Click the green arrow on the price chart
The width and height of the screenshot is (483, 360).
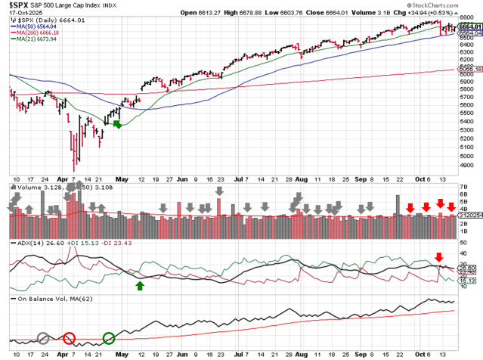click(x=117, y=123)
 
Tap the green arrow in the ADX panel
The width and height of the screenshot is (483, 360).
click(x=140, y=285)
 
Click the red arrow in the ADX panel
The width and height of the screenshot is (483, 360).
click(x=438, y=257)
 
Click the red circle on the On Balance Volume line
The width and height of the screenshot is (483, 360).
click(x=70, y=338)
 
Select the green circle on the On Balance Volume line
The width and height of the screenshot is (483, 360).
click(x=109, y=338)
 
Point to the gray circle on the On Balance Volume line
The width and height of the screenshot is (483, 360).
click(x=43, y=338)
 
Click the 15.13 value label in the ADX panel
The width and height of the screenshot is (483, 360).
click(x=468, y=281)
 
